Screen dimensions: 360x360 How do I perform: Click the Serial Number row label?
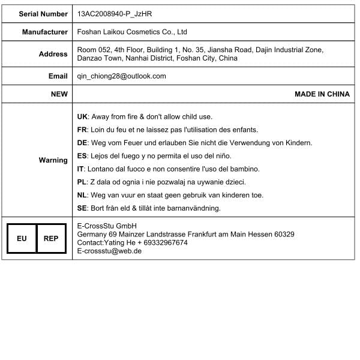(43, 13)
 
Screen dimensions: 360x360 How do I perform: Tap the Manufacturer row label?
(45, 32)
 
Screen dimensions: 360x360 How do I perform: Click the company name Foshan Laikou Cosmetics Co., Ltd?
(133, 32)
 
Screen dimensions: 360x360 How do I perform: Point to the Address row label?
(53, 54)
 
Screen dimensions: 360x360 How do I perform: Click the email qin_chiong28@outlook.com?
(122, 76)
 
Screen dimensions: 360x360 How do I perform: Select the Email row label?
(58, 76)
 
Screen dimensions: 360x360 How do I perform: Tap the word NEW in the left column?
(59, 94)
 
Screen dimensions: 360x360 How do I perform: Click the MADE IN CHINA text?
(322, 94)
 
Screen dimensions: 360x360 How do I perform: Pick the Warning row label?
(53, 160)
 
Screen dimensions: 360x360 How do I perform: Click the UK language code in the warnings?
(83, 116)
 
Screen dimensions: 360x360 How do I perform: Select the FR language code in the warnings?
(83, 130)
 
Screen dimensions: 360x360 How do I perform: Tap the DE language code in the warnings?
(83, 143)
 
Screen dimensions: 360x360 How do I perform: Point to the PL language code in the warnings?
(82, 182)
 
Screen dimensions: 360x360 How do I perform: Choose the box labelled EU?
(22, 238)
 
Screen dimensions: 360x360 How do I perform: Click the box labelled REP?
(51, 238)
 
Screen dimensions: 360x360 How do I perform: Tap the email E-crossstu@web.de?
(109, 251)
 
